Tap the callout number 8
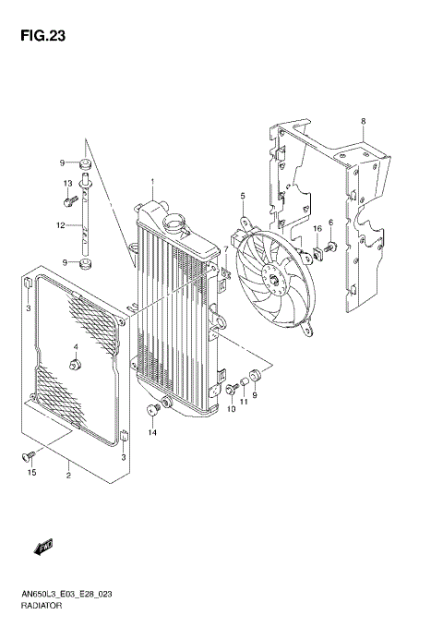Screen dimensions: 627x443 point(363,121)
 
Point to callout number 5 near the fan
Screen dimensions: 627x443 point(243,196)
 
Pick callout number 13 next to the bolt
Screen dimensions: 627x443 point(67,184)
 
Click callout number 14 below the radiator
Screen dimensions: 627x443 point(153,432)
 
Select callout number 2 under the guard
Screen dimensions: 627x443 point(68,476)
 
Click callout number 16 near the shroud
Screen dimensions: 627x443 point(315,228)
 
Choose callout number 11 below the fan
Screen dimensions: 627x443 point(245,402)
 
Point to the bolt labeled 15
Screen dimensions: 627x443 point(28,455)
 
